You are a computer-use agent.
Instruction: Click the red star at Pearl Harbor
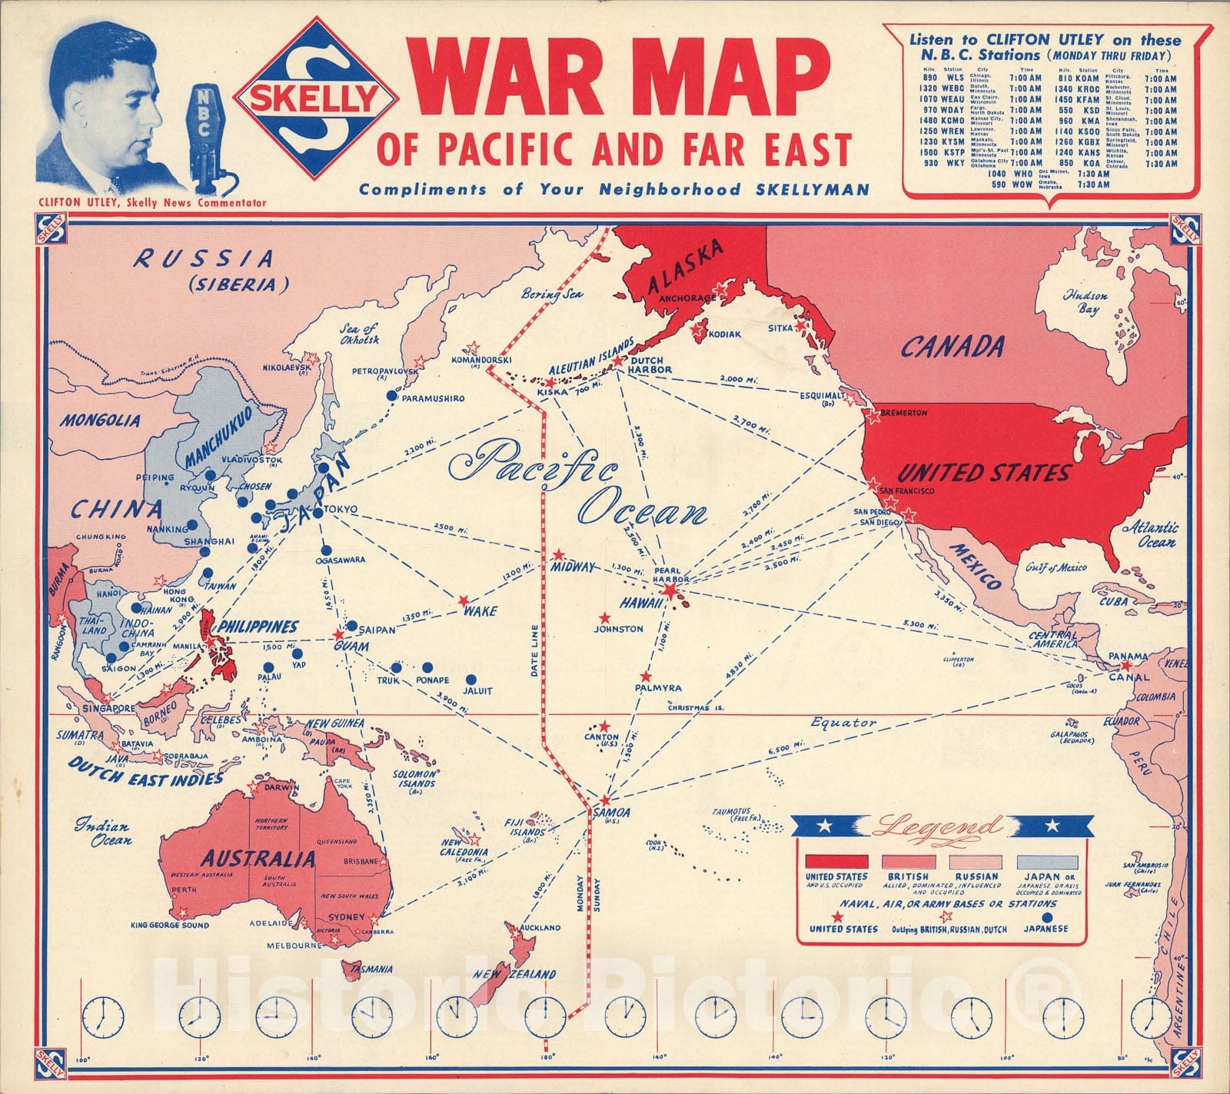coord(670,590)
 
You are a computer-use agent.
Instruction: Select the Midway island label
coord(573,567)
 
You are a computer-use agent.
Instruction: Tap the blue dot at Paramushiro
coord(391,395)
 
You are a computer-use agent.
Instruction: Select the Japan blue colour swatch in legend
coord(1048,862)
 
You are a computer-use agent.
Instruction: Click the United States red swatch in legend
coord(836,862)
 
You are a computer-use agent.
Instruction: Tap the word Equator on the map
coord(843,723)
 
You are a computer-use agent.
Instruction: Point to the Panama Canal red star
coord(1126,665)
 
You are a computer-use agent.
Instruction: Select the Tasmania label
coord(372,969)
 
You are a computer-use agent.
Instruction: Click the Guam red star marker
coord(338,635)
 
